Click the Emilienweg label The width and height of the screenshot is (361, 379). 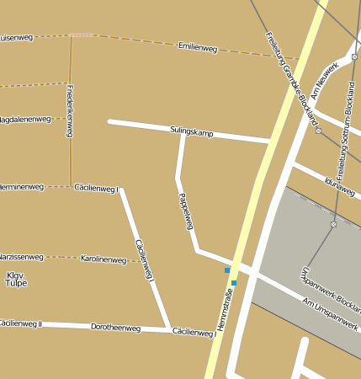pos(198,49)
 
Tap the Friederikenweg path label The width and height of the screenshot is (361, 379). pos(70,111)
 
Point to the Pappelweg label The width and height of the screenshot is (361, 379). pos(187,211)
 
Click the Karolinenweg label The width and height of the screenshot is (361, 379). pos(103,259)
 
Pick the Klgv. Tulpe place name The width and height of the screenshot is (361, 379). pos(17,280)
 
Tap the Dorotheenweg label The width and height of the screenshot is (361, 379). pos(115,327)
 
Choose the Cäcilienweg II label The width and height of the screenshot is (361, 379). pos(20,323)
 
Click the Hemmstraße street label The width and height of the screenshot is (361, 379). pos(224,309)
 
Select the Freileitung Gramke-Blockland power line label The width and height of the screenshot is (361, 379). pos(295,75)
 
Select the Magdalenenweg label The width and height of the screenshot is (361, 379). pos(25,120)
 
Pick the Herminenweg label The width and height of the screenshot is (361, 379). pos(21,185)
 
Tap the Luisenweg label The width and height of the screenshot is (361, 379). pos(17,38)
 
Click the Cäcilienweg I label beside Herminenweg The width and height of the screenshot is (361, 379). pos(98,188)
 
